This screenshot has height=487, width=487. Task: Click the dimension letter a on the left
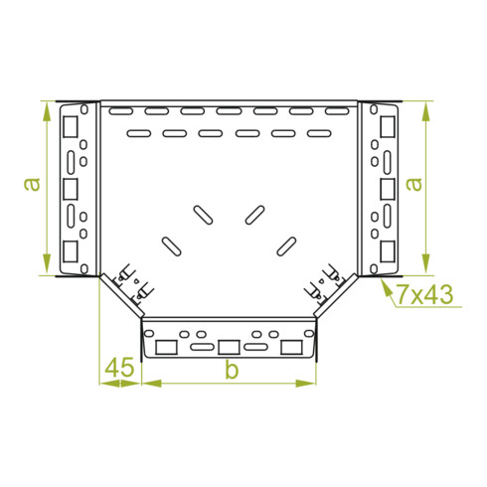(x=32, y=185)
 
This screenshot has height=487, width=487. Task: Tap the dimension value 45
(x=119, y=368)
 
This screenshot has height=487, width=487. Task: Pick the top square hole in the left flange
(x=72, y=126)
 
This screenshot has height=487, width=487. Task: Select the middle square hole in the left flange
(x=72, y=188)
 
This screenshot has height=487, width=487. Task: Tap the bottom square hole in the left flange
(x=72, y=249)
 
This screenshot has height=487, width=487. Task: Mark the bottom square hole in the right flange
(x=386, y=249)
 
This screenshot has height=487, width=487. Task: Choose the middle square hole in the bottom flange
(x=229, y=347)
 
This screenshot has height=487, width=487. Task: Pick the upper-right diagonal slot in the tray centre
(x=254, y=214)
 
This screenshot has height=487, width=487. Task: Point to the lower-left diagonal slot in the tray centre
(x=171, y=243)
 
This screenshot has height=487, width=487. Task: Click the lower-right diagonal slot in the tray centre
(x=286, y=243)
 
